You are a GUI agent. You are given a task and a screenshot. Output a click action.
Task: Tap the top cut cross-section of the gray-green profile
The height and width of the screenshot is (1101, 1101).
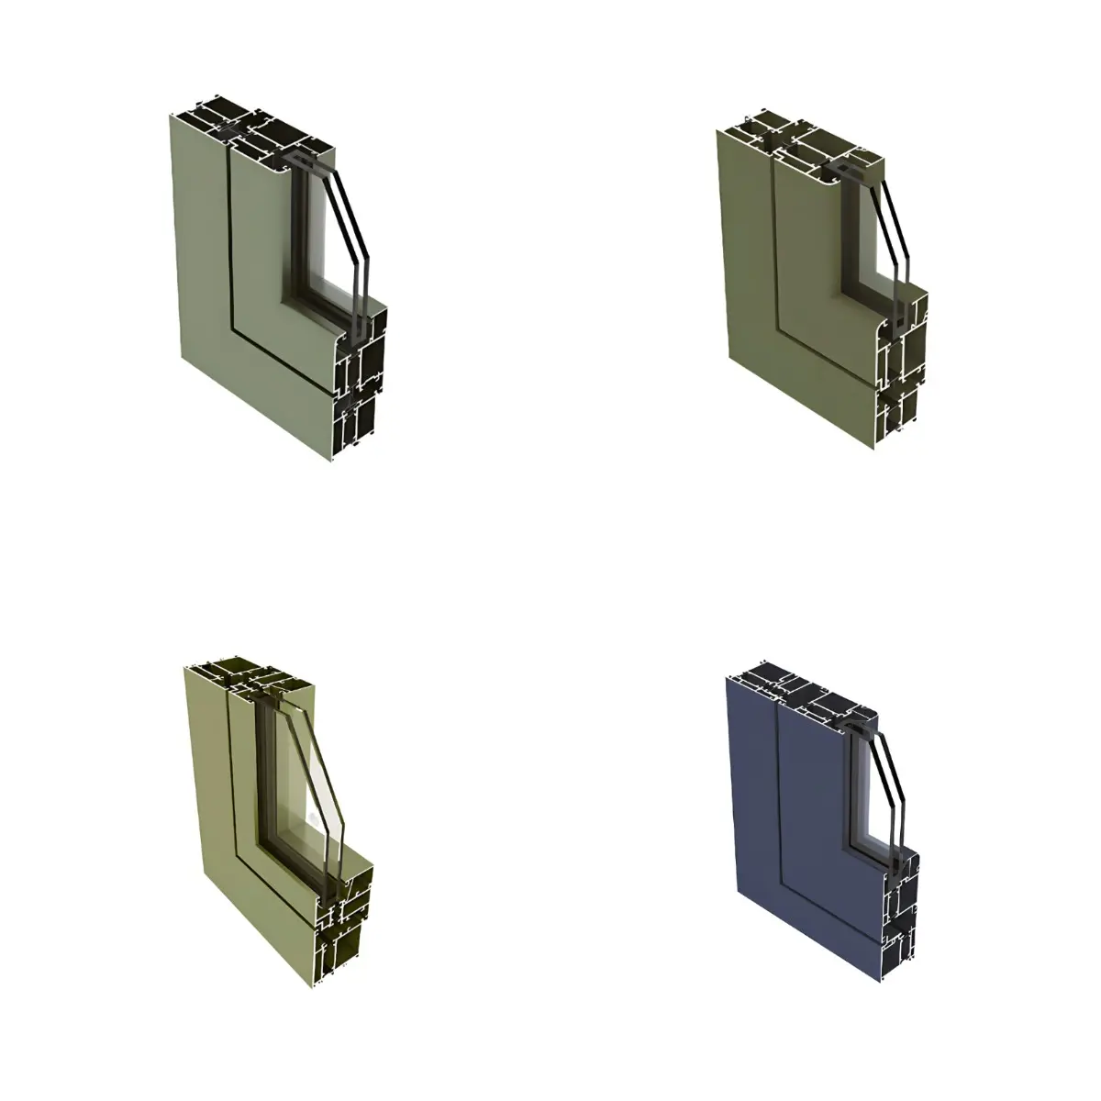pos(257,128)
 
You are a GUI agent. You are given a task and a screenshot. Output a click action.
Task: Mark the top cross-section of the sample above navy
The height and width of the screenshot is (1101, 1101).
pos(807,133)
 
